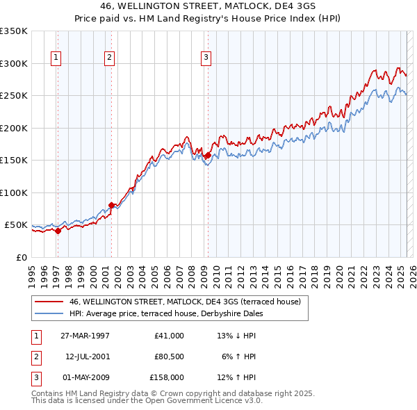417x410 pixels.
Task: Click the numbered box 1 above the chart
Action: (x=56, y=58)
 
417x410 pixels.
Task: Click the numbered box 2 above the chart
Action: (x=110, y=58)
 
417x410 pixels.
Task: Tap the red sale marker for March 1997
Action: (x=58, y=231)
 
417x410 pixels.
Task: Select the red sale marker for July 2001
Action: (x=111, y=205)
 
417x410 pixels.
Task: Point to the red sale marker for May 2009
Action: (x=207, y=155)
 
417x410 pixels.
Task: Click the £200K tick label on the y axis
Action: (x=14, y=128)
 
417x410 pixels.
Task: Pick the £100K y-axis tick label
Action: (x=14, y=192)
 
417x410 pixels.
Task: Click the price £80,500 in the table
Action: (x=169, y=356)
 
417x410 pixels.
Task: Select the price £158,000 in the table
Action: (x=167, y=377)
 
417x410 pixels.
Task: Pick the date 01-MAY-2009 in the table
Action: (x=85, y=377)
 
